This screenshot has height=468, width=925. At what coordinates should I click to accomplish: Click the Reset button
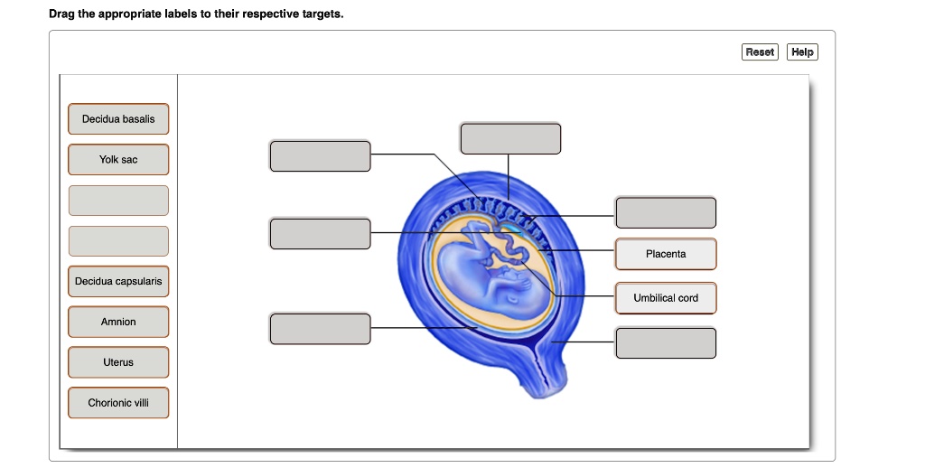(760, 52)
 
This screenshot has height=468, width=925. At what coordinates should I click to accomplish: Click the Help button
(802, 52)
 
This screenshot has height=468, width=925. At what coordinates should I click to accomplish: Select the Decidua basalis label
(118, 119)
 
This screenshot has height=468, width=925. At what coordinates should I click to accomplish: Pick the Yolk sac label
(118, 160)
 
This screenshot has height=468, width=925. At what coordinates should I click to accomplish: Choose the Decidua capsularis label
(118, 282)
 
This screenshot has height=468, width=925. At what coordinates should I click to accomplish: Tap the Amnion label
(118, 322)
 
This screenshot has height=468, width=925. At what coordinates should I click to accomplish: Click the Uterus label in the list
(118, 362)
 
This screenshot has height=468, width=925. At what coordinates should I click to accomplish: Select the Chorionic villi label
(118, 403)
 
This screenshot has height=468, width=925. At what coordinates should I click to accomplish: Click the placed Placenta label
(666, 254)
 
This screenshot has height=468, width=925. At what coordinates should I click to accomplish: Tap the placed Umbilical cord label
(666, 298)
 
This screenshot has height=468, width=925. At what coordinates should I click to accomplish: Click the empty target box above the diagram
(510, 138)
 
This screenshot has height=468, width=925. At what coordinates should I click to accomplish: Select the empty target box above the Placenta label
(666, 212)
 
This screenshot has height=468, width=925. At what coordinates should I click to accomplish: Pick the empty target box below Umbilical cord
(666, 343)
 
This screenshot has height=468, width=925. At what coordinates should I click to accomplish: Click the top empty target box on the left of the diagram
(320, 155)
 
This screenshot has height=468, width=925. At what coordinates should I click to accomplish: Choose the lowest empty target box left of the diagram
(320, 328)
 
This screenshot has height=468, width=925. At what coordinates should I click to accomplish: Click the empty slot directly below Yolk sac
(118, 201)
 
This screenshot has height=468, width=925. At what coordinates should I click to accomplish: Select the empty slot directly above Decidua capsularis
(118, 241)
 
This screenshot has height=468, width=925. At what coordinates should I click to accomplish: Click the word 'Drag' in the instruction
(62, 15)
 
